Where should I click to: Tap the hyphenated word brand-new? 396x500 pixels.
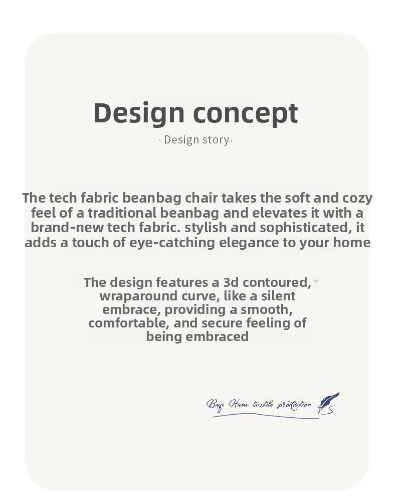pos(67,228)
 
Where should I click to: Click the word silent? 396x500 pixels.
pos(278,296)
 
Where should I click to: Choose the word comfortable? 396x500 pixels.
pos(131,323)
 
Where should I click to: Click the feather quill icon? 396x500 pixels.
pos(328,403)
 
